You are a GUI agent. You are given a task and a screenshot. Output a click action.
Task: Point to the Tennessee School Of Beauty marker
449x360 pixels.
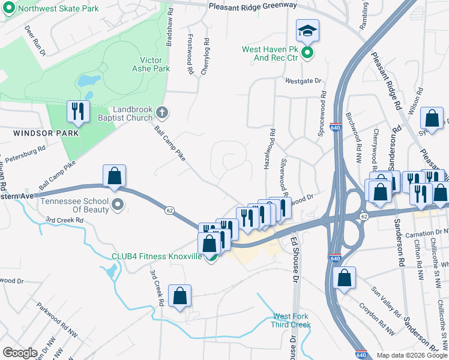click(x=118, y=205)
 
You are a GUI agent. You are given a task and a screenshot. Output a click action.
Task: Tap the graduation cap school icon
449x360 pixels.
click(x=307, y=30)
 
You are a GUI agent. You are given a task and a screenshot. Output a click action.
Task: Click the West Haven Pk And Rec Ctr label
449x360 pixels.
click(x=270, y=54)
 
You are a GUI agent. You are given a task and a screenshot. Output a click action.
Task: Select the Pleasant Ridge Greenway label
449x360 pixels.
click(x=253, y=5)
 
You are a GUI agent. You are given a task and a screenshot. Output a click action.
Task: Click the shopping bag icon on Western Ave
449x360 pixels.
click(x=114, y=176)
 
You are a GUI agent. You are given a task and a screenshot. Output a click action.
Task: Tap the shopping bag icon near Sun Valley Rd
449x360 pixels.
click(x=344, y=278)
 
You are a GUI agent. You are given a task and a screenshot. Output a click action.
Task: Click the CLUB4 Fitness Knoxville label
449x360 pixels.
click(x=156, y=256)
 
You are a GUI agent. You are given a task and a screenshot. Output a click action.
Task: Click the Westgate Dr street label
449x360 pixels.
click(x=304, y=80)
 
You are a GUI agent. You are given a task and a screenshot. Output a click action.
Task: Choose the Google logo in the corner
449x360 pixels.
click(x=19, y=353)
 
